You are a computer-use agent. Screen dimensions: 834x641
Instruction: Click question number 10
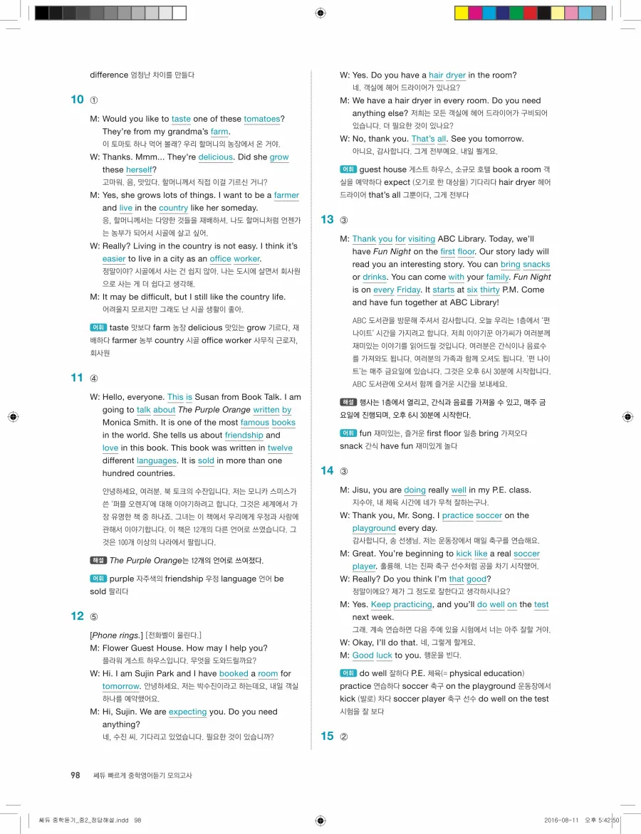tap(77, 100)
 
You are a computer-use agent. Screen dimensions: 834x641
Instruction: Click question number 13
tap(327, 220)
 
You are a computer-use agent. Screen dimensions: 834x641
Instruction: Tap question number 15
tap(327, 736)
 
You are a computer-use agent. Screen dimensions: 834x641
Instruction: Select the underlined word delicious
tap(215, 157)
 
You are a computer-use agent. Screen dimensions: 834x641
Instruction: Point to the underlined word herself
tap(140, 170)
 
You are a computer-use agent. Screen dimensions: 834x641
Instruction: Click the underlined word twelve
tap(280, 448)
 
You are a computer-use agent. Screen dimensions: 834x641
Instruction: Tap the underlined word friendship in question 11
tap(244, 436)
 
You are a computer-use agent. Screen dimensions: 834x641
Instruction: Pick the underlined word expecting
tap(187, 712)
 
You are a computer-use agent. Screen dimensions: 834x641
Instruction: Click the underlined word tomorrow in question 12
tap(120, 686)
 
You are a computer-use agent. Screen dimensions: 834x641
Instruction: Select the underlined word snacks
tap(536, 265)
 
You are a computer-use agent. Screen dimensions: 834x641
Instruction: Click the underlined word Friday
tap(408, 290)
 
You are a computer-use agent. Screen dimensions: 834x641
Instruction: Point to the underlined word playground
tap(374, 529)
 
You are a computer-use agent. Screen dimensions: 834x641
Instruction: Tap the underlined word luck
tap(384, 655)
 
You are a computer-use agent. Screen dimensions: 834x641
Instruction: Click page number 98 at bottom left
tap(75, 775)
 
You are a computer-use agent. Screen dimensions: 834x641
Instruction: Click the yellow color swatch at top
tap(462, 13)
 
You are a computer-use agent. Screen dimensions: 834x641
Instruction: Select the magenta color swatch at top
tap(475, 13)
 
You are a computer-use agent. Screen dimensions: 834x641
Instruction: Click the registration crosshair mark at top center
tap(320, 13)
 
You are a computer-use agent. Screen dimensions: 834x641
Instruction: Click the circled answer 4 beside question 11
tap(94, 378)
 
